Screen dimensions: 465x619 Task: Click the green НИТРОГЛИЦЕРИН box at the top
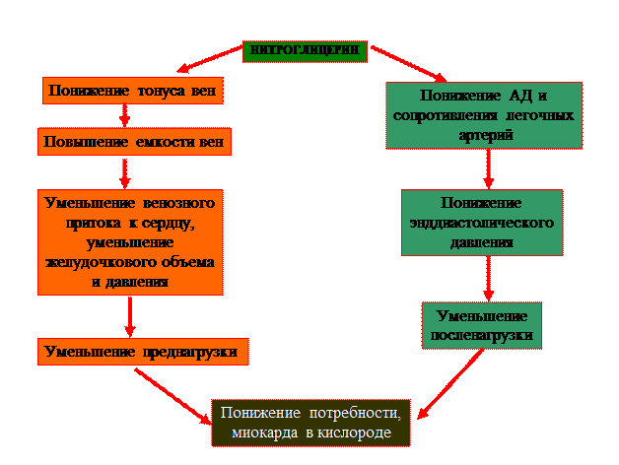pyautogui.click(x=305, y=50)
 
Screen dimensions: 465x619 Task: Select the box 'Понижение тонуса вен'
pyautogui.click(x=132, y=91)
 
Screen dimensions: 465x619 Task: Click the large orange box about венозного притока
pyautogui.click(x=130, y=241)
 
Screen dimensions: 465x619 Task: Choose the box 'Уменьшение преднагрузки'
pyautogui.click(x=142, y=351)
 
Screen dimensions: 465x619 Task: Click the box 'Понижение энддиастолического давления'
pyautogui.click(x=482, y=222)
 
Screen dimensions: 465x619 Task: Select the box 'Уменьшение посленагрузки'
pyautogui.click(x=482, y=325)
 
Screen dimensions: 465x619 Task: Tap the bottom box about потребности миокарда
pyautogui.click(x=311, y=423)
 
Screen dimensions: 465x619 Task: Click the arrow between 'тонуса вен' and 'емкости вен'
pyautogui.click(x=125, y=116)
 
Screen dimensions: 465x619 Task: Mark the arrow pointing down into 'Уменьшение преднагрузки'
pyautogui.click(x=130, y=316)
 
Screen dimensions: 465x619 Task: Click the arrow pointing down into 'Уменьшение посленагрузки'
pyautogui.click(x=486, y=278)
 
